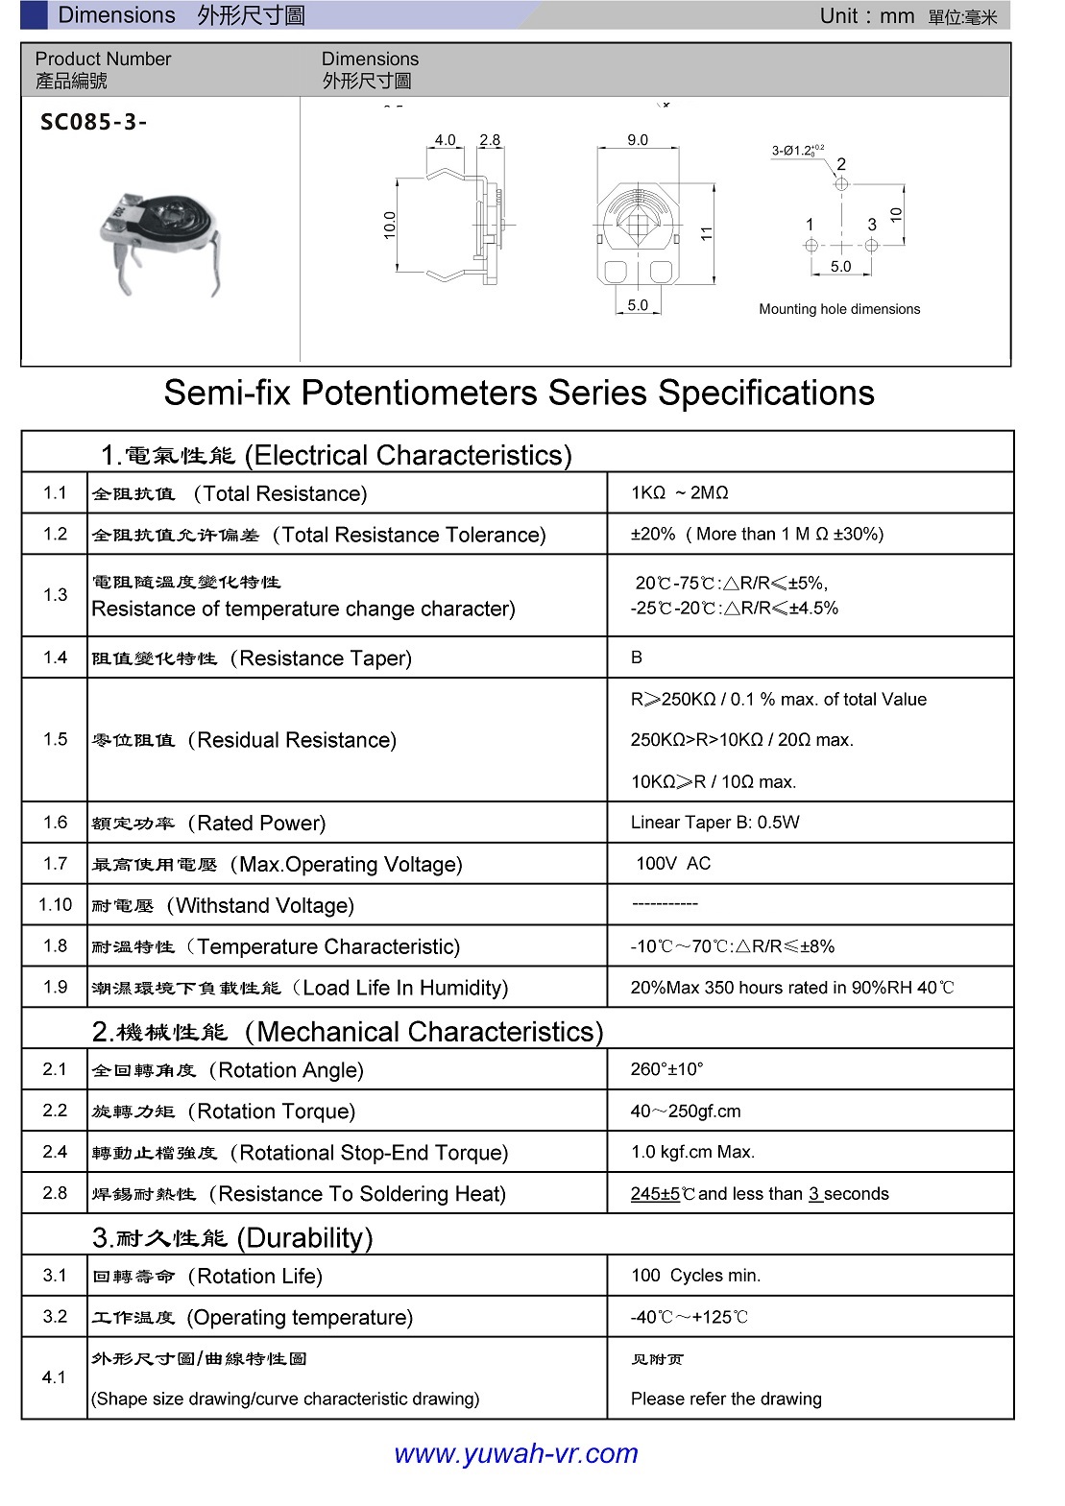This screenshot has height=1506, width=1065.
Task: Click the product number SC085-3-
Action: pyautogui.click(x=94, y=122)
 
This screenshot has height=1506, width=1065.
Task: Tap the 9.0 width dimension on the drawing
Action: pyautogui.click(x=638, y=140)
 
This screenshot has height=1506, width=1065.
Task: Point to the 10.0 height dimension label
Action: pyautogui.click(x=390, y=225)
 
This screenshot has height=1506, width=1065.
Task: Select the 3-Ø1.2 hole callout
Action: pyautogui.click(x=797, y=150)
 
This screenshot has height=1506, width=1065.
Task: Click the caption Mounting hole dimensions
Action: pyautogui.click(x=839, y=309)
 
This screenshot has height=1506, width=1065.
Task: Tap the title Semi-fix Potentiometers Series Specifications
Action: pyautogui.click(x=519, y=393)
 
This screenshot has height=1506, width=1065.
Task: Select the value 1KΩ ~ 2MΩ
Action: pyautogui.click(x=679, y=492)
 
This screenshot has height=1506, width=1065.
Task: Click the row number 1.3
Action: pyautogui.click(x=55, y=595)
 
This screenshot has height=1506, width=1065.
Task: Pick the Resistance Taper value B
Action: pyautogui.click(x=637, y=657)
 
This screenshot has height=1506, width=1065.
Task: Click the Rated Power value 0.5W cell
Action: pyautogui.click(x=714, y=823)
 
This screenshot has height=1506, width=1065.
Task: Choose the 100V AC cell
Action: pyautogui.click(x=673, y=863)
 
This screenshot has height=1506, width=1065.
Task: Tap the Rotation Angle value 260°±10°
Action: pyautogui.click(x=666, y=1069)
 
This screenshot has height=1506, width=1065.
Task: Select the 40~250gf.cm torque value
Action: pyautogui.click(x=686, y=1111)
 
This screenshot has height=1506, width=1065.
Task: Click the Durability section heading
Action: pyautogui.click(x=232, y=1237)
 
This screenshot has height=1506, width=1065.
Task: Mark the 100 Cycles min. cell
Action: pyautogui.click(x=695, y=1276)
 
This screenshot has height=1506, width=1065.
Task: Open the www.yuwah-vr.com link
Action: pyautogui.click(x=516, y=1453)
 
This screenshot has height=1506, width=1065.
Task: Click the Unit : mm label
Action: pyautogui.click(x=866, y=15)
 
